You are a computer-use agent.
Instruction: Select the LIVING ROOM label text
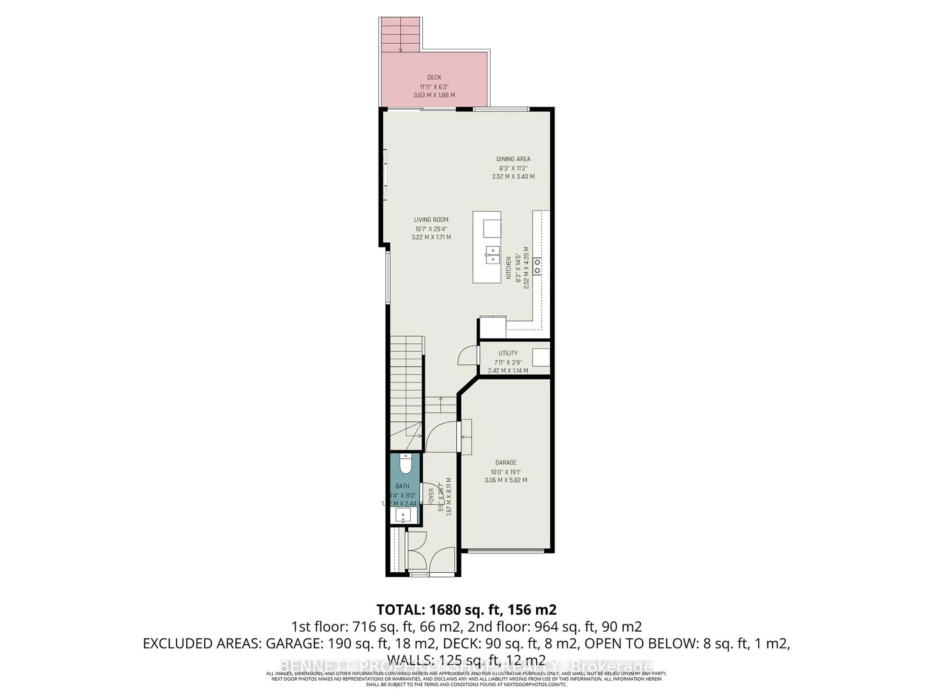click(431, 219)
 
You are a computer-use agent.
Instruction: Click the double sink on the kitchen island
click(492, 255)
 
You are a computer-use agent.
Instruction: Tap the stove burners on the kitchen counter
click(537, 266)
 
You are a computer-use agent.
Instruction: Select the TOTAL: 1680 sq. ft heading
click(466, 610)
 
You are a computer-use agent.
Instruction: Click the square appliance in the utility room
click(540, 357)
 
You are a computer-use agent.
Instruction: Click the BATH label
click(402, 486)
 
